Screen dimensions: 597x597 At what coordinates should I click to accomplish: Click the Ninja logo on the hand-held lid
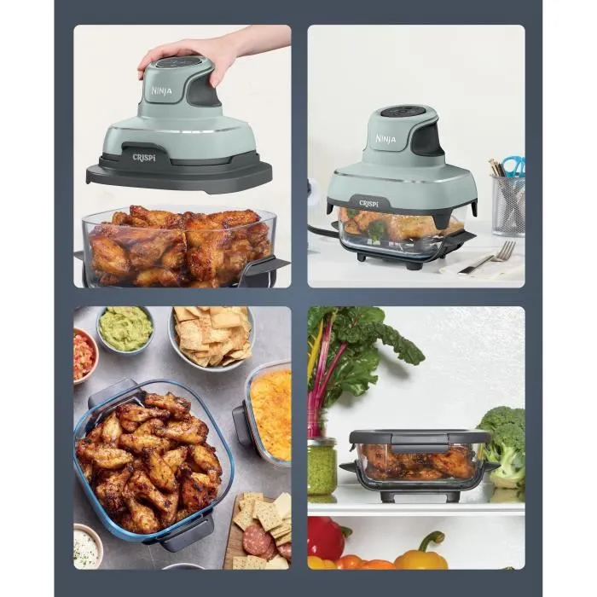click(x=161, y=90)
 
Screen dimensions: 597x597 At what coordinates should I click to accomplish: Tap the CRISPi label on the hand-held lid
click(x=143, y=158)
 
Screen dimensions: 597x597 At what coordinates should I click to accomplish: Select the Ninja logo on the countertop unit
click(x=385, y=138)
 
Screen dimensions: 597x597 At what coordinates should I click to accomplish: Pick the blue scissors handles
click(x=513, y=165)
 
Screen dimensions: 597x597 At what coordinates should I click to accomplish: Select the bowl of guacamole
click(x=125, y=328)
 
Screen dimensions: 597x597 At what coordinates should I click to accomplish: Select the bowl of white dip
click(x=87, y=545)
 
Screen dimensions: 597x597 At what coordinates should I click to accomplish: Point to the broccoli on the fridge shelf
click(x=505, y=439)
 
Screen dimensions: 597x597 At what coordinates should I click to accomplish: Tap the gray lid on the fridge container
click(x=419, y=437)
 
